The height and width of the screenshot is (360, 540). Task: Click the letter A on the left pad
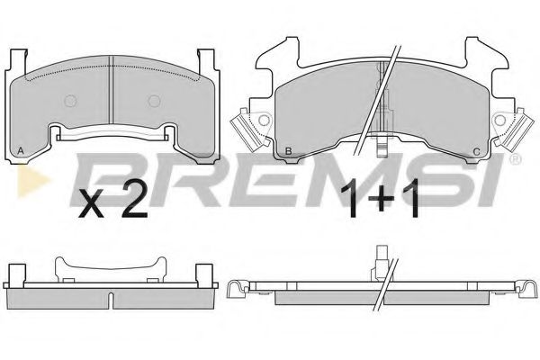point(21,150)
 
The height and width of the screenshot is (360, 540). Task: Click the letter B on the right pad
point(286,150)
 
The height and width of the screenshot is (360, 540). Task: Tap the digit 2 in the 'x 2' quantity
point(132,202)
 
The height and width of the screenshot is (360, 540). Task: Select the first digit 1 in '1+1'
point(354,202)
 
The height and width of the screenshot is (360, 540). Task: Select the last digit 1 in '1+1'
point(416,202)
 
